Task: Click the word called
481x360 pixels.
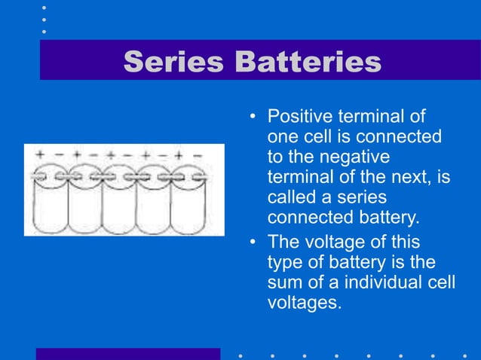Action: (290, 197)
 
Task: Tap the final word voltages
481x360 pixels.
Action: (303, 303)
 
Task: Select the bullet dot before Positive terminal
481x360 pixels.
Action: (254, 117)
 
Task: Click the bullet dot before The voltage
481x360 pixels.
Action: (254, 243)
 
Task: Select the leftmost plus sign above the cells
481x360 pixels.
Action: (39, 154)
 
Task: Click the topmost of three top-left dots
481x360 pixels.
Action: (44, 7)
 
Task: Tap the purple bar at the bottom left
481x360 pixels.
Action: (128, 354)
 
